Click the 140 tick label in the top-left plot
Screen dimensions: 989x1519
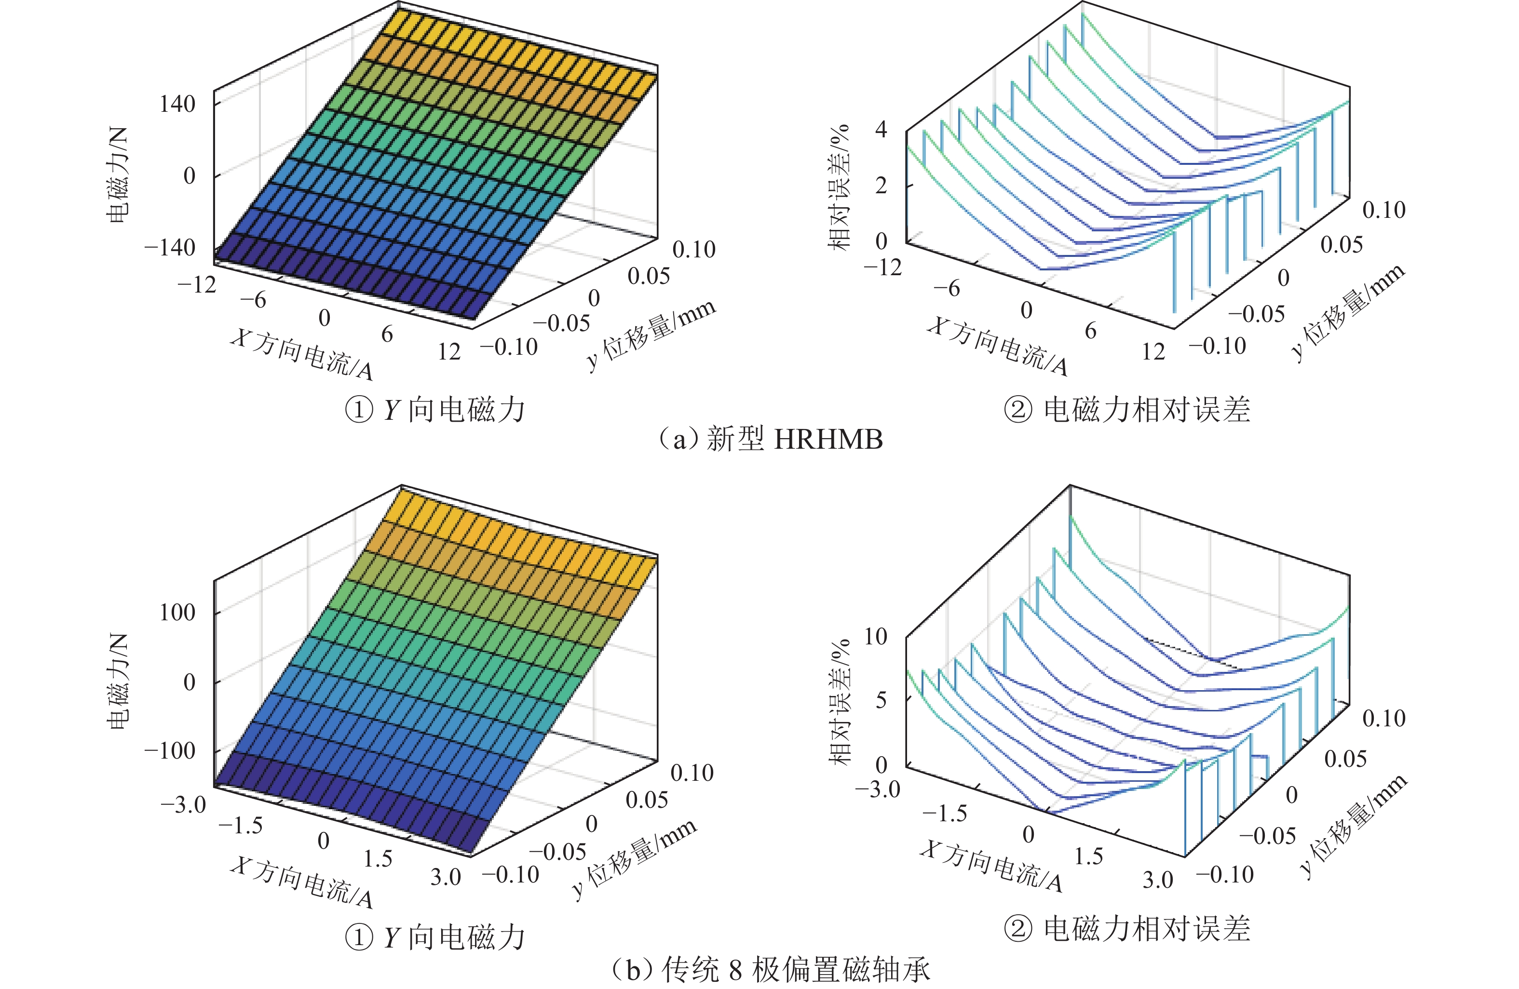pos(177,104)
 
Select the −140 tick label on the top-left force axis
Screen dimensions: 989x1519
pos(170,248)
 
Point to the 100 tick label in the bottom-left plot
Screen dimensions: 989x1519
pos(177,613)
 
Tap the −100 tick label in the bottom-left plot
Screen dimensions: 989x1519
pos(170,750)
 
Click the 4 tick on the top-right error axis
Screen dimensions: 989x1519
pos(882,130)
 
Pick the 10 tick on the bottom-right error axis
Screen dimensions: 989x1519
pos(876,636)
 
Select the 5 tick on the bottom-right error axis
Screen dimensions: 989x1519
pos(882,700)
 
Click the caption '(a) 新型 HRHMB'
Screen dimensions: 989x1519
pos(771,440)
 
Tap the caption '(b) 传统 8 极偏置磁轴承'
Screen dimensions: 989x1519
pos(771,970)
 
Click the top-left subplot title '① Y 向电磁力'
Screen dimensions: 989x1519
pos(435,409)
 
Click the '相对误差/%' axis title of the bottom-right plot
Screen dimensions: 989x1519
pos(840,702)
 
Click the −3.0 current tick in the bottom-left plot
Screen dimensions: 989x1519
pos(184,804)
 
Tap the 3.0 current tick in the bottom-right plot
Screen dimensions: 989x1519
pos(1158,880)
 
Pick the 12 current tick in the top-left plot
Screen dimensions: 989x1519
pos(449,351)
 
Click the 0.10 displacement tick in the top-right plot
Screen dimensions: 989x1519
pos(1383,210)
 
